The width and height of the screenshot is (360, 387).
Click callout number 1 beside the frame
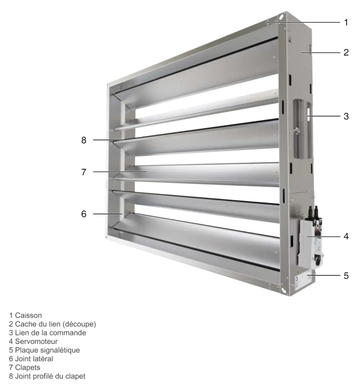(x=346, y=22)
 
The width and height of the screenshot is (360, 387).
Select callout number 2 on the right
(x=346, y=52)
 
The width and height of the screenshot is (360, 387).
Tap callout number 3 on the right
(x=346, y=116)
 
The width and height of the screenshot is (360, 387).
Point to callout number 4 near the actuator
(x=346, y=237)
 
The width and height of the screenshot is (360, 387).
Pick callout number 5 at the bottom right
(x=346, y=276)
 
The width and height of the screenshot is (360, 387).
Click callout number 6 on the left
(x=84, y=214)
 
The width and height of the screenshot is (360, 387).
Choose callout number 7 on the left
(x=84, y=172)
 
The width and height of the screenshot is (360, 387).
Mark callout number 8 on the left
(x=84, y=140)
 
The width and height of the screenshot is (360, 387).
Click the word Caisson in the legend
(x=28, y=315)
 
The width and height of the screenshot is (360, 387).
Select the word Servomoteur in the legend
(x=36, y=342)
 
